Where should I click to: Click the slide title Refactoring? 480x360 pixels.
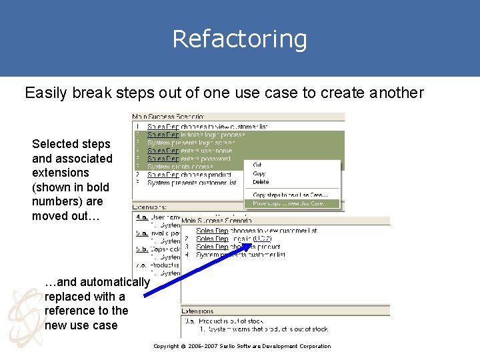pos(239,39)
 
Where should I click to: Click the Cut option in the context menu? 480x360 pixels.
pos(257,165)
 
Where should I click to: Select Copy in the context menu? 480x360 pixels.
pos(259,173)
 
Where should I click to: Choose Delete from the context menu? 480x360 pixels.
pos(261,181)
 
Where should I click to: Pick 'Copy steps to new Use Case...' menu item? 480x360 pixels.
pos(290,195)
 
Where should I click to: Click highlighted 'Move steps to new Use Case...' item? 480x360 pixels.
pos(291,203)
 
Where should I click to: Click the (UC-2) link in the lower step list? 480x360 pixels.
pos(263,239)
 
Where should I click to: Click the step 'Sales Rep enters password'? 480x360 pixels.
pos(189,159)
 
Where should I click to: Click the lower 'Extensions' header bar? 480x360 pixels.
pos(198,311)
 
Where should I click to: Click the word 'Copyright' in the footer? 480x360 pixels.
pos(166,346)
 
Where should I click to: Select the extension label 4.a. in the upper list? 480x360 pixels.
pos(142,217)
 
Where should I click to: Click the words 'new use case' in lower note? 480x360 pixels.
pos(81,325)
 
